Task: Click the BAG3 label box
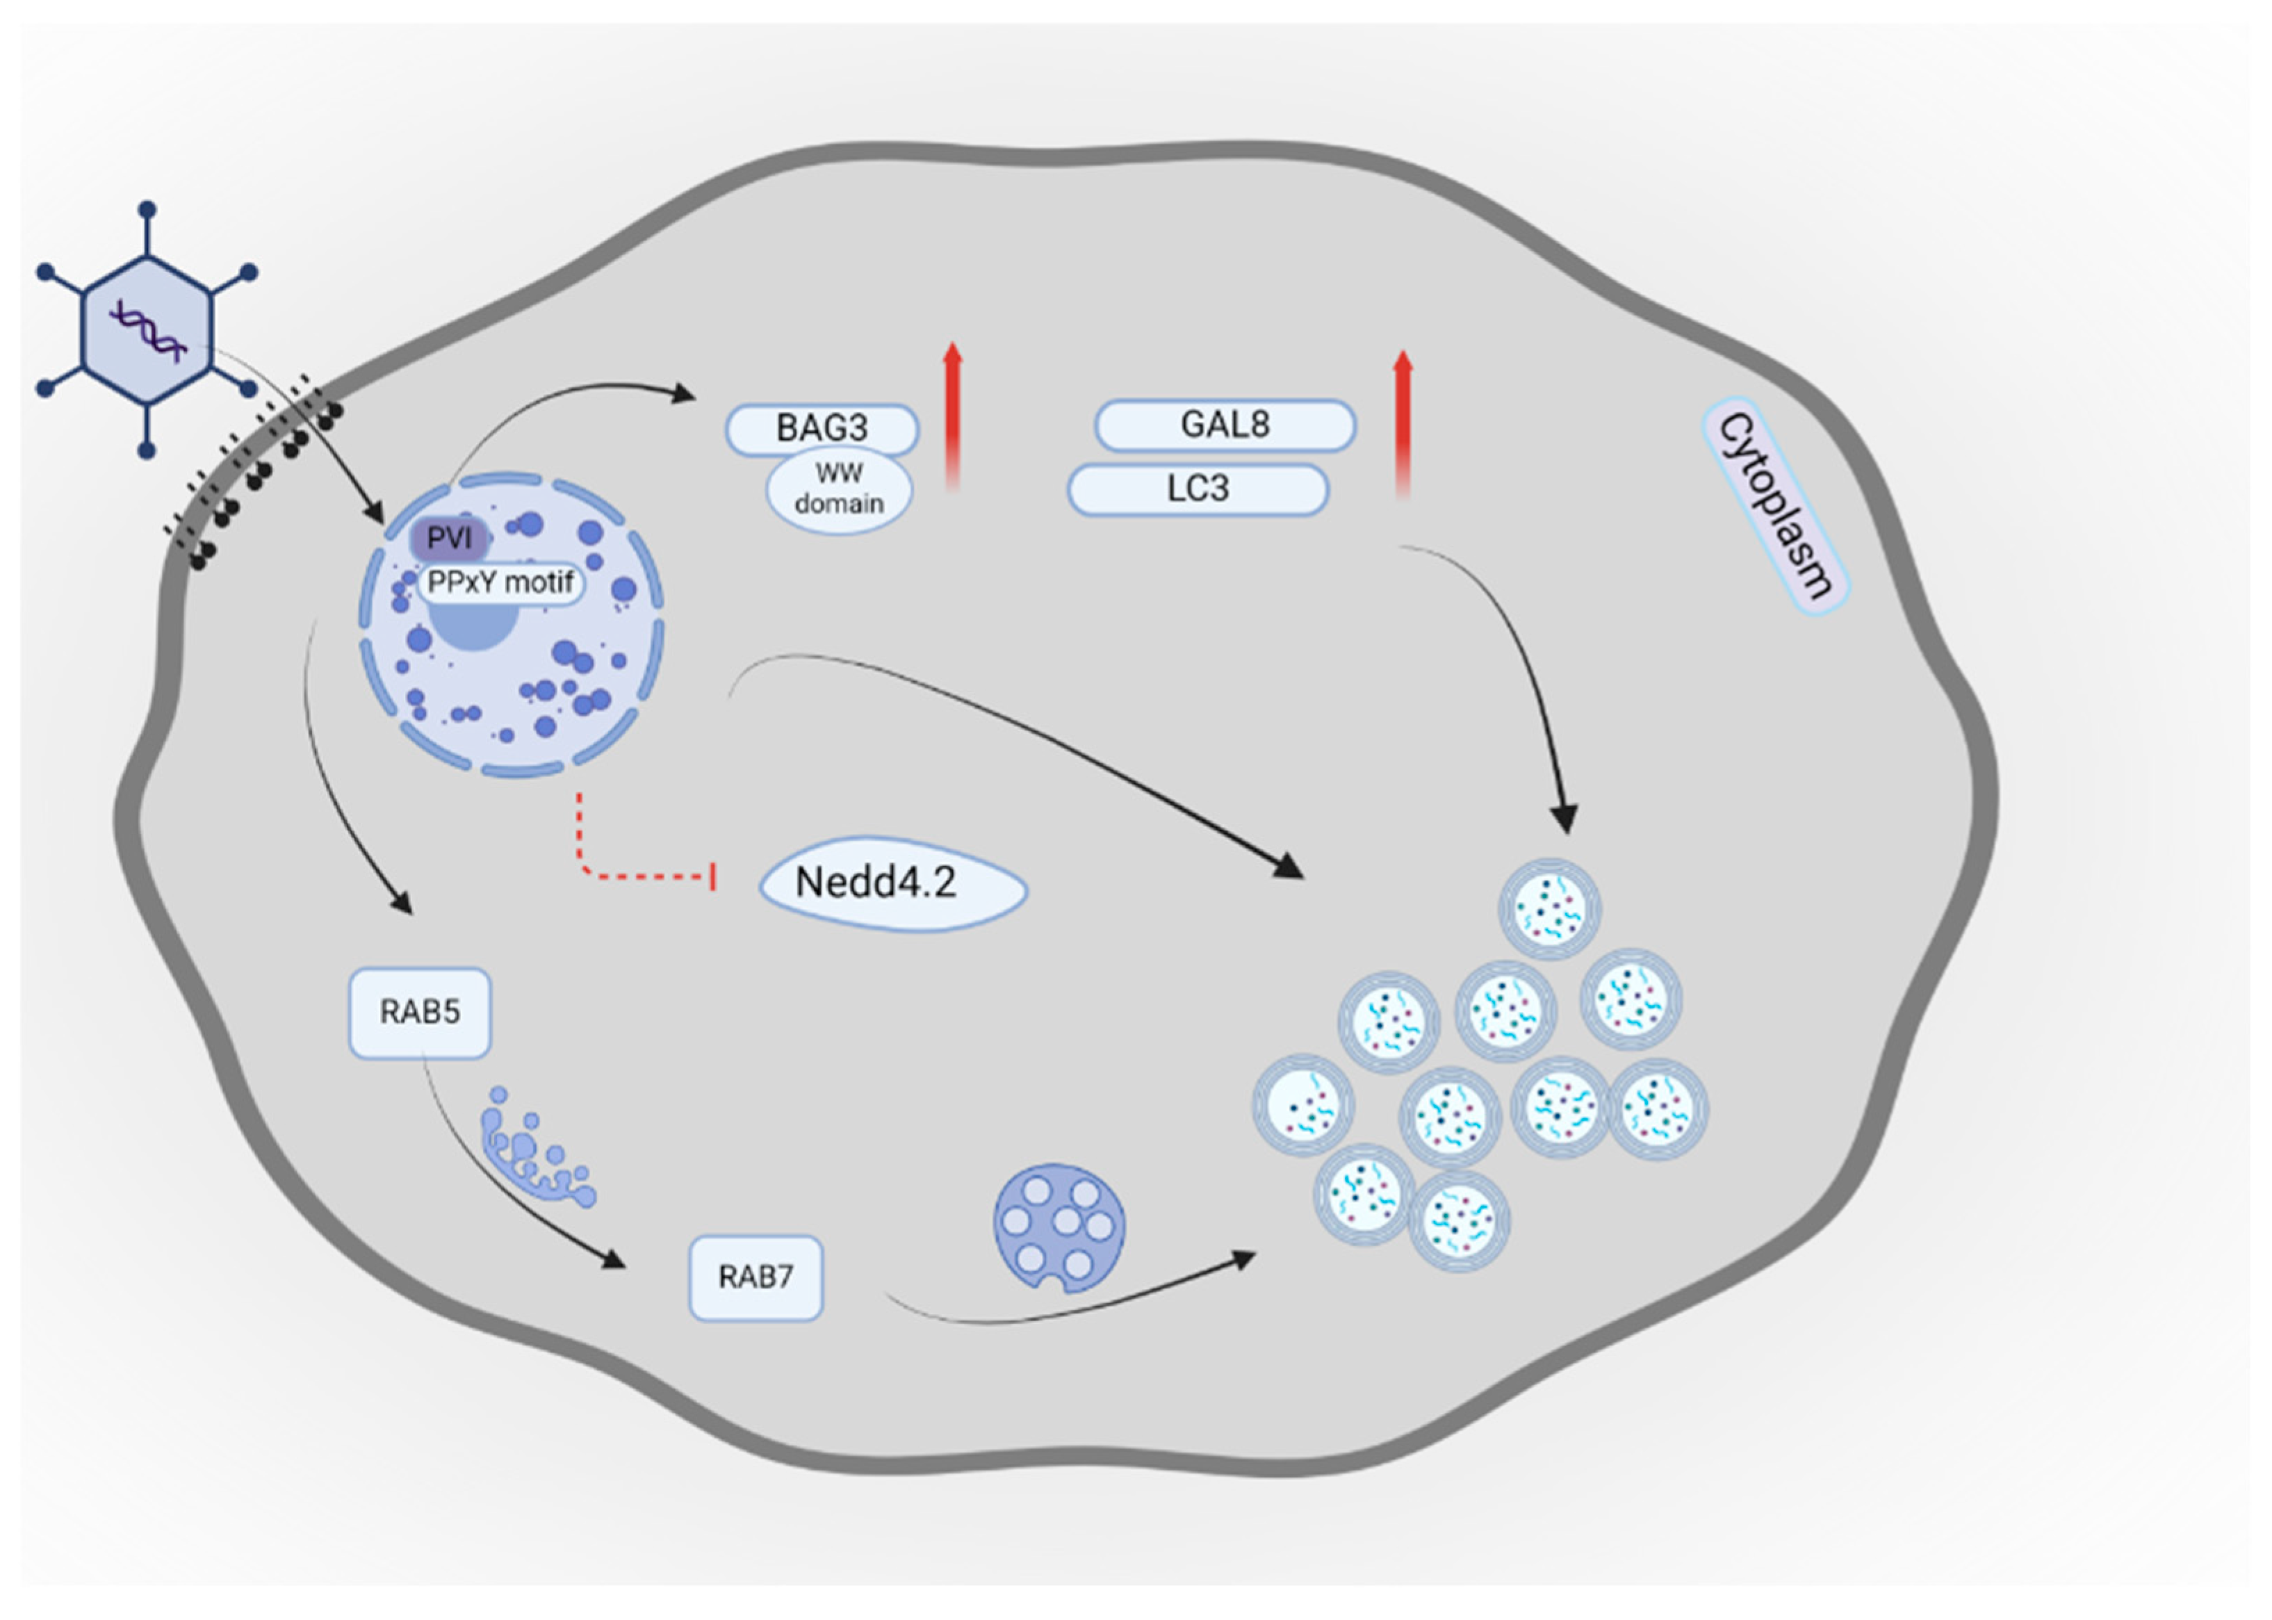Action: tap(821, 429)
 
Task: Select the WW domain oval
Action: tap(839, 491)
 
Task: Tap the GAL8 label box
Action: tap(1225, 425)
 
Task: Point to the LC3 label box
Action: tap(1197, 489)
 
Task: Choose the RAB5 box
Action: tap(420, 1013)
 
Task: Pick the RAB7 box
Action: tap(756, 1278)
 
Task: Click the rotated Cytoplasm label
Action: tap(1775, 506)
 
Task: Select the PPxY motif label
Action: tap(500, 582)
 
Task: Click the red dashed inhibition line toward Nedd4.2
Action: tap(638, 876)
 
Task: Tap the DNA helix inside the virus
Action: tap(147, 329)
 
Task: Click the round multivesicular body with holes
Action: tap(1059, 1227)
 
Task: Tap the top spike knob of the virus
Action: tap(147, 209)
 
